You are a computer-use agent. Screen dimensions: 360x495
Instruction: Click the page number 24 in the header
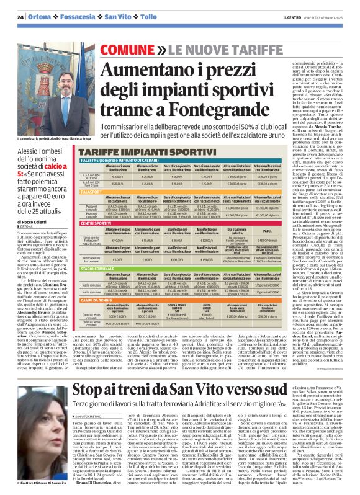(x=20, y=17)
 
